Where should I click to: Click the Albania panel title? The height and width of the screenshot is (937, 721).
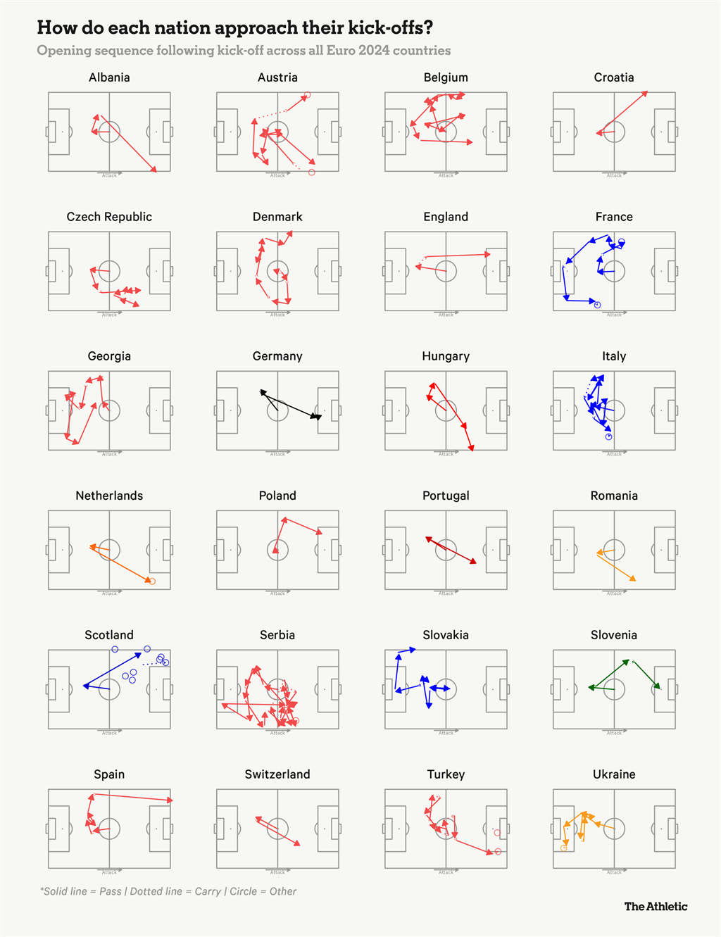109,77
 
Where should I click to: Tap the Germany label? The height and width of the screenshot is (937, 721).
277,356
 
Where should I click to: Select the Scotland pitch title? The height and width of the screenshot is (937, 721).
109,635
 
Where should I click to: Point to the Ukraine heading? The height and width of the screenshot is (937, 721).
614,774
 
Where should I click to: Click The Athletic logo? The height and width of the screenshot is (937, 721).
656,907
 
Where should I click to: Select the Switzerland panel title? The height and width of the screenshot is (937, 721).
277,774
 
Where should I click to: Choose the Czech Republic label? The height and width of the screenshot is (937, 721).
109,217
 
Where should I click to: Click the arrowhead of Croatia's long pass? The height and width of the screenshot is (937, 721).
645,94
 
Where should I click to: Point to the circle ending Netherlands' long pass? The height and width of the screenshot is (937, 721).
151,581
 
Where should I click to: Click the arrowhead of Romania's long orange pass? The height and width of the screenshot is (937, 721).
633,579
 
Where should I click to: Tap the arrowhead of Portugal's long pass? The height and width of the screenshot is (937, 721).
473,562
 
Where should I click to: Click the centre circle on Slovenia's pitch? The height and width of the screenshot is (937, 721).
614,689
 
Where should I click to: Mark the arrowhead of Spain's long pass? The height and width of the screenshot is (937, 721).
170,800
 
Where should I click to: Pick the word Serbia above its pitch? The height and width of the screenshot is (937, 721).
277,635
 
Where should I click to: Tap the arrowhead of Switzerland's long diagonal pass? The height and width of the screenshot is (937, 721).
298,843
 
